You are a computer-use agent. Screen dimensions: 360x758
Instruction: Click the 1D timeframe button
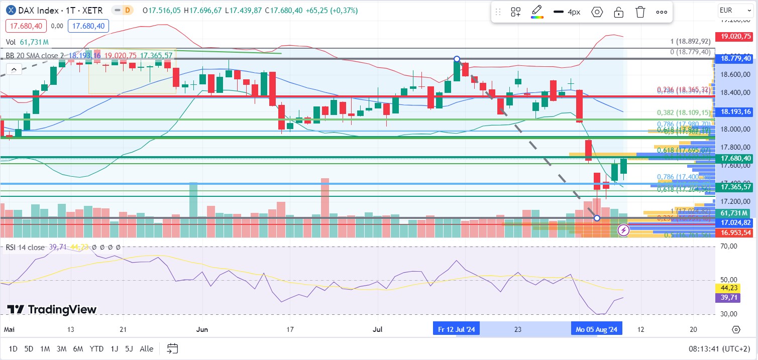tap(13, 348)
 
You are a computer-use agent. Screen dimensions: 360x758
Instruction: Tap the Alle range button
tap(147, 348)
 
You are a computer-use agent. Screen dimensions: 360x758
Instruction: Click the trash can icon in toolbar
tap(640, 12)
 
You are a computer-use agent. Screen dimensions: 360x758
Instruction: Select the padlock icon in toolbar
tap(618, 12)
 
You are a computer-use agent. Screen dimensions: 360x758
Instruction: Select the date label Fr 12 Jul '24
tap(457, 329)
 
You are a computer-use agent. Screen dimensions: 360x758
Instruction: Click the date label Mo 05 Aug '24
tap(596, 329)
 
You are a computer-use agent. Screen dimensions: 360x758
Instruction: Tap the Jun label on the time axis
tap(202, 329)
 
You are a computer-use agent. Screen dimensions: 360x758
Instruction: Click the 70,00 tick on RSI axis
tap(729, 247)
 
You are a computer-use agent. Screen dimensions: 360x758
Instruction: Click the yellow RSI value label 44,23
tap(726, 288)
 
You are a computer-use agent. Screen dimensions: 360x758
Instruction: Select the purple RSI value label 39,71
tap(726, 298)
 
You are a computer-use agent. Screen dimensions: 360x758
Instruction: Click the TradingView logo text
tap(52, 309)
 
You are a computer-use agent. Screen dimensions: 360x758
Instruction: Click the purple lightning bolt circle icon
tap(623, 230)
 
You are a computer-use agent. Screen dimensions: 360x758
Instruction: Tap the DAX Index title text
tap(38, 10)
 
